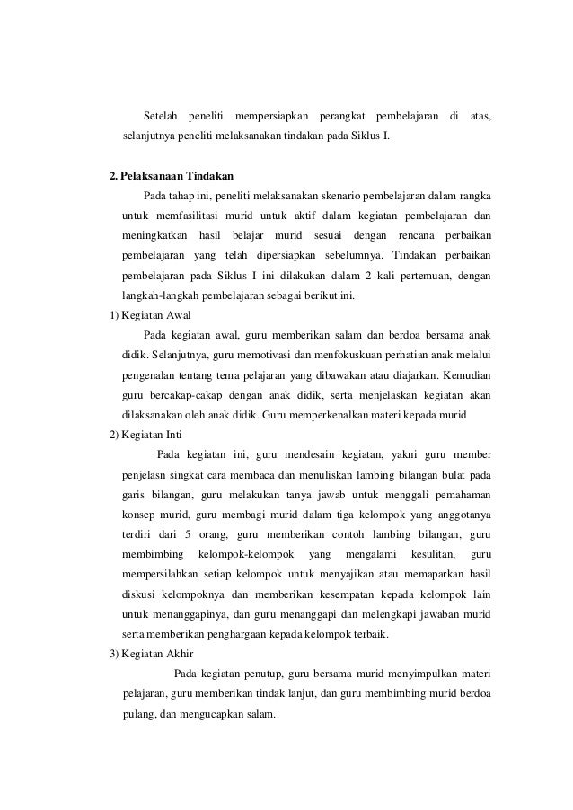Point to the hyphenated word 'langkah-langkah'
tap(161, 295)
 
